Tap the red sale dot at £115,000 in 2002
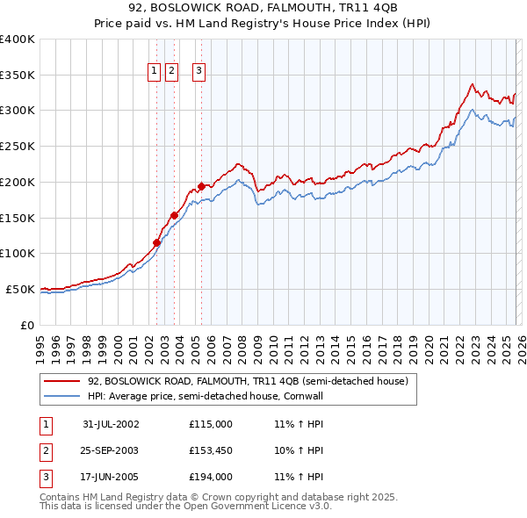click(157, 242)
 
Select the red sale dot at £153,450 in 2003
click(175, 215)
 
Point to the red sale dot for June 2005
click(201, 186)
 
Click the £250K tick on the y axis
click(18, 146)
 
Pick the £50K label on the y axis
click(20, 289)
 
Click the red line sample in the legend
click(62, 382)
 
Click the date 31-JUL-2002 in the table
click(111, 424)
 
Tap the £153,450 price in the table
click(211, 450)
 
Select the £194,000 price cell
click(211, 478)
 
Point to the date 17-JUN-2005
click(111, 478)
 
